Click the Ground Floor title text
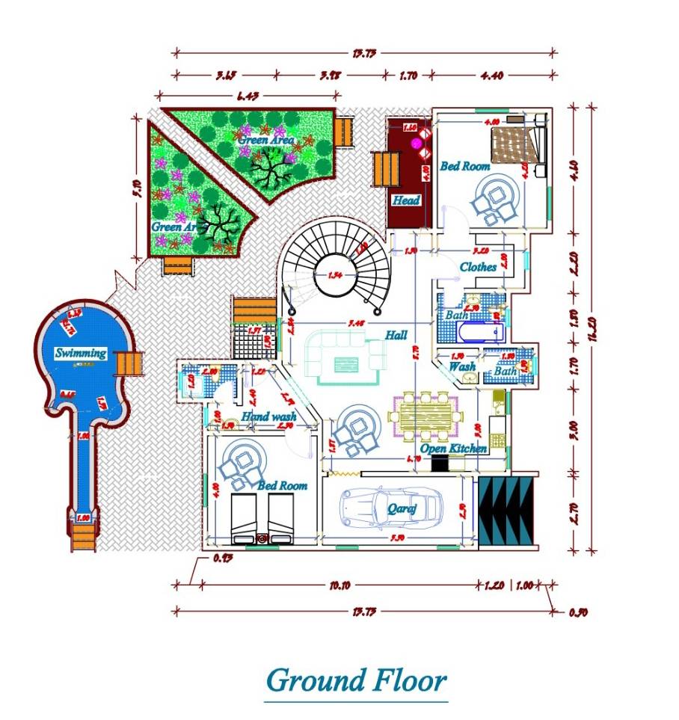pos(356,681)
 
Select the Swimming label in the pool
pos(80,352)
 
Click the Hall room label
pos(396,335)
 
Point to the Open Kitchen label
pos(453,449)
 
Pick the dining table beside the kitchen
pos(424,415)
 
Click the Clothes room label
pos(478,267)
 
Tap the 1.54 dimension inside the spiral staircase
pos(336,275)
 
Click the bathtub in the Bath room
pos(477,330)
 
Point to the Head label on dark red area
pos(406,200)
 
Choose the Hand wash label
pos(269,416)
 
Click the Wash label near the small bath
pos(461,367)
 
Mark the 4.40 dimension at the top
pos(495,75)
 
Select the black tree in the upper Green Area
pos(271,168)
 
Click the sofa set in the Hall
pos(346,359)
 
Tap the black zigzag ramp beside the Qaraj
pos(507,511)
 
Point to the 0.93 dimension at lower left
pos(219,558)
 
